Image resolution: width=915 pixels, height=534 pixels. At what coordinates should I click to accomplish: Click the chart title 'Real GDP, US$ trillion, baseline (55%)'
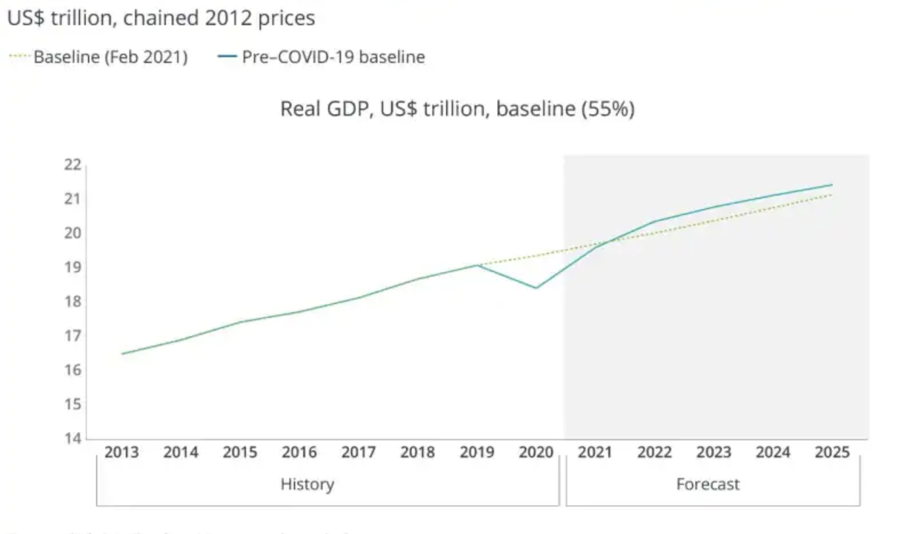(457, 109)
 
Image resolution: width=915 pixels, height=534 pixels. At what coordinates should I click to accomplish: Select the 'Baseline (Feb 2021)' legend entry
(110, 57)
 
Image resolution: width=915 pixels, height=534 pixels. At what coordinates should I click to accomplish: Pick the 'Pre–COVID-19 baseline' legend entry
(333, 57)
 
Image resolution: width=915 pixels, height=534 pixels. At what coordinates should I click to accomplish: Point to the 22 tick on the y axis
(73, 165)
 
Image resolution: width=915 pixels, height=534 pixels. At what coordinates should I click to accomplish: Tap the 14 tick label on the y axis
(73, 439)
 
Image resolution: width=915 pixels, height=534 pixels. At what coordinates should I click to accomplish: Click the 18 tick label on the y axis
(73, 301)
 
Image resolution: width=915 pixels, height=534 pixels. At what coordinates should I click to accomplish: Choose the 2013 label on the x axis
(121, 452)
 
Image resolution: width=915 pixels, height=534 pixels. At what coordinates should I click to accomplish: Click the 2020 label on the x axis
(536, 452)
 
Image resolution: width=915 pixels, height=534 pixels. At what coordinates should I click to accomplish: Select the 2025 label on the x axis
(832, 452)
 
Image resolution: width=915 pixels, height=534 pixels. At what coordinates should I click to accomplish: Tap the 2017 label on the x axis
(358, 452)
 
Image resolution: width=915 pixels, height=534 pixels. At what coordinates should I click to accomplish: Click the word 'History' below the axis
(307, 484)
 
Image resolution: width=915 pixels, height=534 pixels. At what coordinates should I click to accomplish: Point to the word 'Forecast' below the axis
(707, 484)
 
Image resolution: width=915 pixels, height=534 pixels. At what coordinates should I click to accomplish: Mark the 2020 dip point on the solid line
(536, 288)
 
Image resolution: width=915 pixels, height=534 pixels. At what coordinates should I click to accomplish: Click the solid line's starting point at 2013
(122, 354)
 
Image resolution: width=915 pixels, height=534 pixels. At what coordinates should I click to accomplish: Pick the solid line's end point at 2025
(832, 185)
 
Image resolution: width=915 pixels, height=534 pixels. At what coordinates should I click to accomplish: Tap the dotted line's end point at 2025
(832, 195)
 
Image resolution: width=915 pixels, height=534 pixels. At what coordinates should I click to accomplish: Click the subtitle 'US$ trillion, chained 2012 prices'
(161, 18)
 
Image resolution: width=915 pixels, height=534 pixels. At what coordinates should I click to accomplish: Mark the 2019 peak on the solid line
(478, 265)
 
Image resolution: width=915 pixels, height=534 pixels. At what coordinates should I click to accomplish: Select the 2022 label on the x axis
(654, 452)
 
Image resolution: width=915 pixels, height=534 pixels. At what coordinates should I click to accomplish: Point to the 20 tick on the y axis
(73, 233)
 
